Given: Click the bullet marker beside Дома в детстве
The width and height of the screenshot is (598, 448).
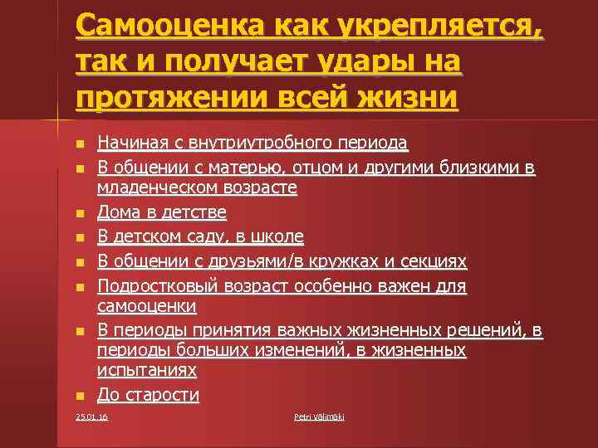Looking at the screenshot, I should (80, 214).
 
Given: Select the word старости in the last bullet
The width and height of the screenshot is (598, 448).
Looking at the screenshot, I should (164, 394).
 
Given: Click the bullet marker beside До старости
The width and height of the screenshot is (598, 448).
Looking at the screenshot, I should (80, 396).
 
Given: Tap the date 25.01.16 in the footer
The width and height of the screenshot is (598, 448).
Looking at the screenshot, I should (91, 416).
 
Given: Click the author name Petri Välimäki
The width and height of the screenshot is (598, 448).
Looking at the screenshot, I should (319, 416).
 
